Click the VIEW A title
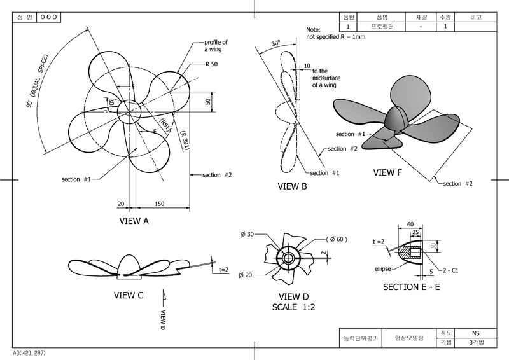tap(134, 221)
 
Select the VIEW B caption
tap(292, 186)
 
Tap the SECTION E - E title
tap(411, 287)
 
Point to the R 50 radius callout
tap(211, 64)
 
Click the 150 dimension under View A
tap(160, 204)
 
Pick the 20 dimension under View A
tap(121, 204)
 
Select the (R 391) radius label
tap(185, 141)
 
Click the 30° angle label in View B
tap(276, 43)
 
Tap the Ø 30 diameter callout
tap(247, 234)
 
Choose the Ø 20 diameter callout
tap(245, 275)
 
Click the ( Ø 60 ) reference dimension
tap(337, 239)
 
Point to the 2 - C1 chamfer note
tap(450, 270)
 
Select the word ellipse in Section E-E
tap(383, 269)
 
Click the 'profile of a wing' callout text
tap(216, 46)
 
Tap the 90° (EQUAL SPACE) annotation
tap(37, 81)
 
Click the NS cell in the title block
tap(475, 333)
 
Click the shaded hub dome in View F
tap(395, 118)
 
